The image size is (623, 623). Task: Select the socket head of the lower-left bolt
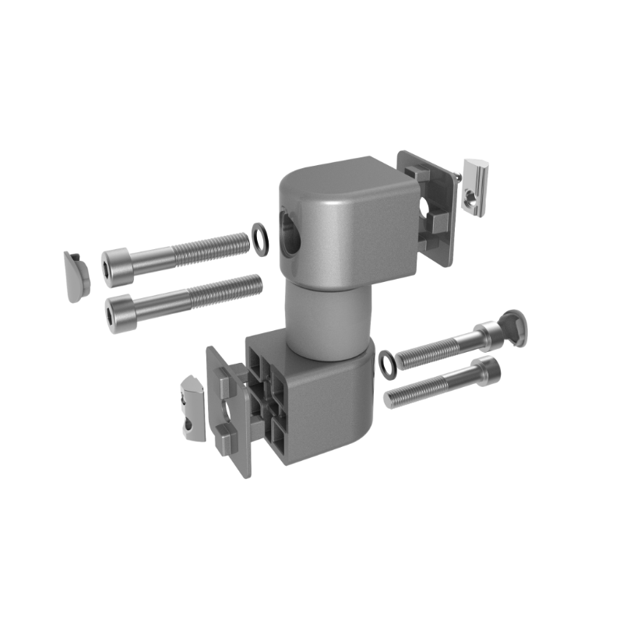tap(121, 310)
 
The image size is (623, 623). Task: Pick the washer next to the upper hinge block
tap(259, 239)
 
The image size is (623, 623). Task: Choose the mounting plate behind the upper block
tap(428, 206)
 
